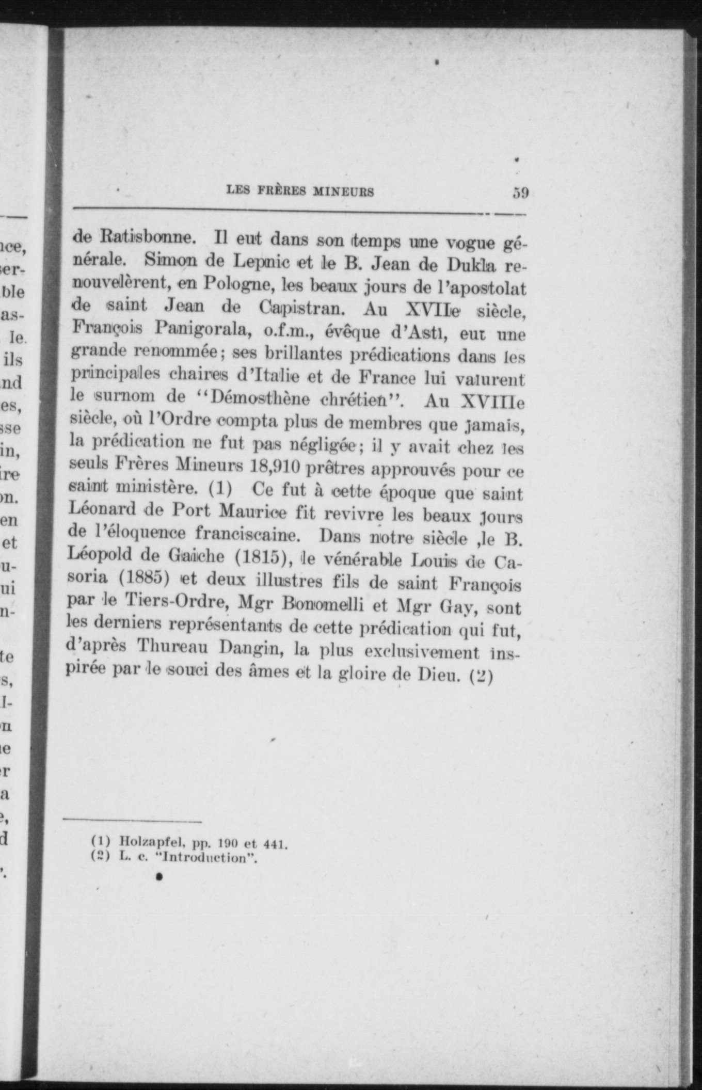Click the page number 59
[x=520, y=193]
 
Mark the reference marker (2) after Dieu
[x=482, y=675]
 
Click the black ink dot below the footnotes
[x=159, y=877]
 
